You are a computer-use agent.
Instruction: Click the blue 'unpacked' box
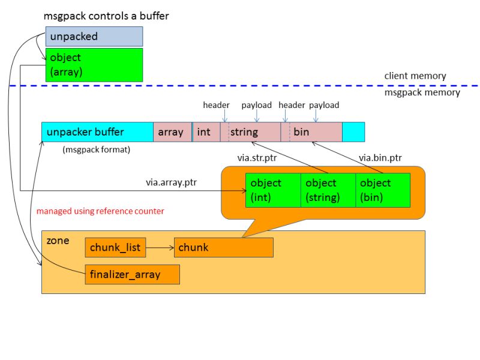[x=94, y=37]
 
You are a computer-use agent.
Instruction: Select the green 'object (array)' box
[x=94, y=65]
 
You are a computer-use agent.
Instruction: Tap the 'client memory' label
[x=415, y=76]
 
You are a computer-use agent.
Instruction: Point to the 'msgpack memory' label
[x=422, y=92]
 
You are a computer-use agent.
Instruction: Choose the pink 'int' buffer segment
[x=206, y=132]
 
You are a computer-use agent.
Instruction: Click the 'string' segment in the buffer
[x=251, y=132]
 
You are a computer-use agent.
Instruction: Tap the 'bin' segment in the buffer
[x=312, y=132]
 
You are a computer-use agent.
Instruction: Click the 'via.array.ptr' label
[x=171, y=181]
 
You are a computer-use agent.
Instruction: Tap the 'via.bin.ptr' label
[x=380, y=158]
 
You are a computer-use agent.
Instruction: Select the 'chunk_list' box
[x=115, y=247]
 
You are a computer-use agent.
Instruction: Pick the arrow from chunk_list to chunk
[x=159, y=247]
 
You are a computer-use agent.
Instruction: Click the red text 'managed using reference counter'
[x=100, y=211]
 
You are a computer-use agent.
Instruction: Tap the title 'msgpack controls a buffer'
[x=106, y=16]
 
